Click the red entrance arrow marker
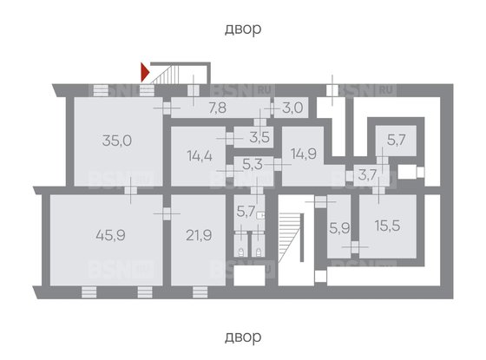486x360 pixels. coord(145,72)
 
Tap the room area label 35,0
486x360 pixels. coord(117,141)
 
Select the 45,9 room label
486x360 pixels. coord(111,235)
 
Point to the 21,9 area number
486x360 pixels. coord(199,235)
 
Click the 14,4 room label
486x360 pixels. coord(200,155)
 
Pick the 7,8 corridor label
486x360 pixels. coord(217,108)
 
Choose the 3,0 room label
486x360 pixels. coord(292,108)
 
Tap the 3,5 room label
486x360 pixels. coord(259,137)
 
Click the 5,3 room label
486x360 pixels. coord(253,165)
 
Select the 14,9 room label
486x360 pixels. coord(304,154)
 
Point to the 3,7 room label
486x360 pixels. coord(368,175)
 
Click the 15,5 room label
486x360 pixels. coord(387,226)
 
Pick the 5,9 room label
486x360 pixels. coord(339,229)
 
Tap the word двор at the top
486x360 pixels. coord(243,29)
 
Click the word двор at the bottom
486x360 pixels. coord(243,337)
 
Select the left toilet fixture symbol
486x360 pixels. coord(241,252)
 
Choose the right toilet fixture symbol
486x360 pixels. coord(259,252)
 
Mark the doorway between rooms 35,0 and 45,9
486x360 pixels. coord(130,190)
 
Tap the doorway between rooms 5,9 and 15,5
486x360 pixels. coord(355,247)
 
